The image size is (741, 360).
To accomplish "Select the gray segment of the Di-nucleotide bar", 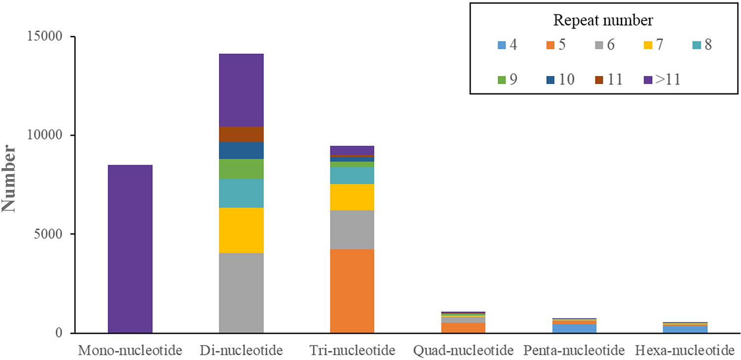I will [x=241, y=293].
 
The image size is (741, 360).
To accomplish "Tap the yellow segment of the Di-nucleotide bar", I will [x=241, y=230].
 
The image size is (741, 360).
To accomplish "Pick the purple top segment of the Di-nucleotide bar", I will [x=241, y=90].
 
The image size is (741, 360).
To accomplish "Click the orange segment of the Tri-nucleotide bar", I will [x=352, y=291].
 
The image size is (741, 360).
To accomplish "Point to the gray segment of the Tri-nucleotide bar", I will [x=352, y=229].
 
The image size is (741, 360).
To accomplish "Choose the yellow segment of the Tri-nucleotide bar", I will [x=352, y=197].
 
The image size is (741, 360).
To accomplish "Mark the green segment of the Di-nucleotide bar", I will [x=241, y=169].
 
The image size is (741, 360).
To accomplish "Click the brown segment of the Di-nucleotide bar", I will [x=241, y=134].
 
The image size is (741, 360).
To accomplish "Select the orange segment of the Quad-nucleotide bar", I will [x=463, y=327].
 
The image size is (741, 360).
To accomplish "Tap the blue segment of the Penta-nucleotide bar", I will [x=573, y=328].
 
